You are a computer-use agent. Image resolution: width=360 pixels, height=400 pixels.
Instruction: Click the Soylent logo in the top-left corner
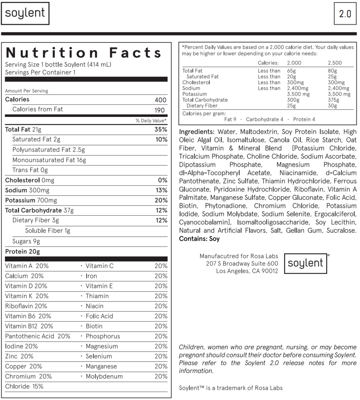point(25,14)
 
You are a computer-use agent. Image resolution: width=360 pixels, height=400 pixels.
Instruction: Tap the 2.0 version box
point(345,14)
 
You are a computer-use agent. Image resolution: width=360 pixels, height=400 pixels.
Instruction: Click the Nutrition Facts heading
point(84,53)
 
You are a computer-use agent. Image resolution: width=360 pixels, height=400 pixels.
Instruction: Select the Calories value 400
point(160,100)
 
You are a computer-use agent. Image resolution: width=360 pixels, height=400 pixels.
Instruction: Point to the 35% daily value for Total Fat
point(161,129)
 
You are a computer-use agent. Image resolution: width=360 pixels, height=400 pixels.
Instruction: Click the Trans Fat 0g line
point(30,170)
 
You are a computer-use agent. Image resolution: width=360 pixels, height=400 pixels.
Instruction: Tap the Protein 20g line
point(22,251)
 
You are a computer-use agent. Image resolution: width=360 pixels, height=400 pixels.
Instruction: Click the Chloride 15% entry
point(24,386)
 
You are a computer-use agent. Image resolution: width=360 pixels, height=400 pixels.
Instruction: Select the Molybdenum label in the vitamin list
point(104,376)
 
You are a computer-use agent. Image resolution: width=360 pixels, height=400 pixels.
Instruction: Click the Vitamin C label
point(100,266)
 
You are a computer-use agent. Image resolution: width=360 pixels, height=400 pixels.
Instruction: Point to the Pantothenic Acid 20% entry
point(38,336)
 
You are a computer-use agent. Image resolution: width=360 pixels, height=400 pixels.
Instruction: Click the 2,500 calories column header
point(335,63)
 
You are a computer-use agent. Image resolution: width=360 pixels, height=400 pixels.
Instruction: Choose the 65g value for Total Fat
point(292,71)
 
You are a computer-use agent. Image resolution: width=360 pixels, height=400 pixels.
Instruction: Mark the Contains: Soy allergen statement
point(199,238)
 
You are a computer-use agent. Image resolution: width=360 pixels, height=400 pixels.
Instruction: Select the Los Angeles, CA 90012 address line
point(247,271)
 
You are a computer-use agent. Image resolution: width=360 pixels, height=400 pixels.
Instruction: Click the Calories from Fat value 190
point(159,110)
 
